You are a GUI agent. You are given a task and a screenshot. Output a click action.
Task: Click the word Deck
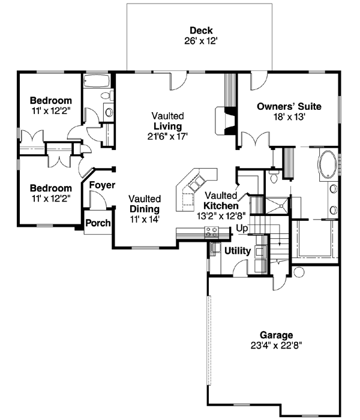coord(201,31)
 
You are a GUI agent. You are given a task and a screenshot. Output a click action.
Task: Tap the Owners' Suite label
coord(289,107)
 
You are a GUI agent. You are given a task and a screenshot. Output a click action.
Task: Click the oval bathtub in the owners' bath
coord(327,164)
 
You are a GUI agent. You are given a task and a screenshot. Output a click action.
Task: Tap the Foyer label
coord(102,185)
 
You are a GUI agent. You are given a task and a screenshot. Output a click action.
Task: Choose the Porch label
coord(98,223)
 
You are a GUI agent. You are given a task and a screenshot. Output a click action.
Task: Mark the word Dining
coord(144,209)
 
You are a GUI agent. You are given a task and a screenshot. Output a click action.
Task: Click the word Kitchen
coord(221,205)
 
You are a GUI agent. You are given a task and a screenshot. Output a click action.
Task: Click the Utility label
coord(237,250)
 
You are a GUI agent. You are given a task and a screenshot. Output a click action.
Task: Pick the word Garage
coord(276,335)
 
